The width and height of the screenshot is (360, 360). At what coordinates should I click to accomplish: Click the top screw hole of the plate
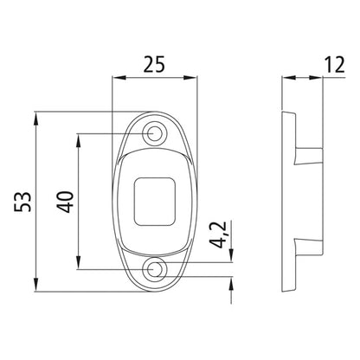pyautogui.click(x=156, y=133)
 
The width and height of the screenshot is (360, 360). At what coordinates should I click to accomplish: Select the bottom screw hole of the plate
pyautogui.click(x=156, y=270)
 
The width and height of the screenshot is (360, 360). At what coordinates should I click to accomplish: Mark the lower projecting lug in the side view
pyautogui.click(x=308, y=248)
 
